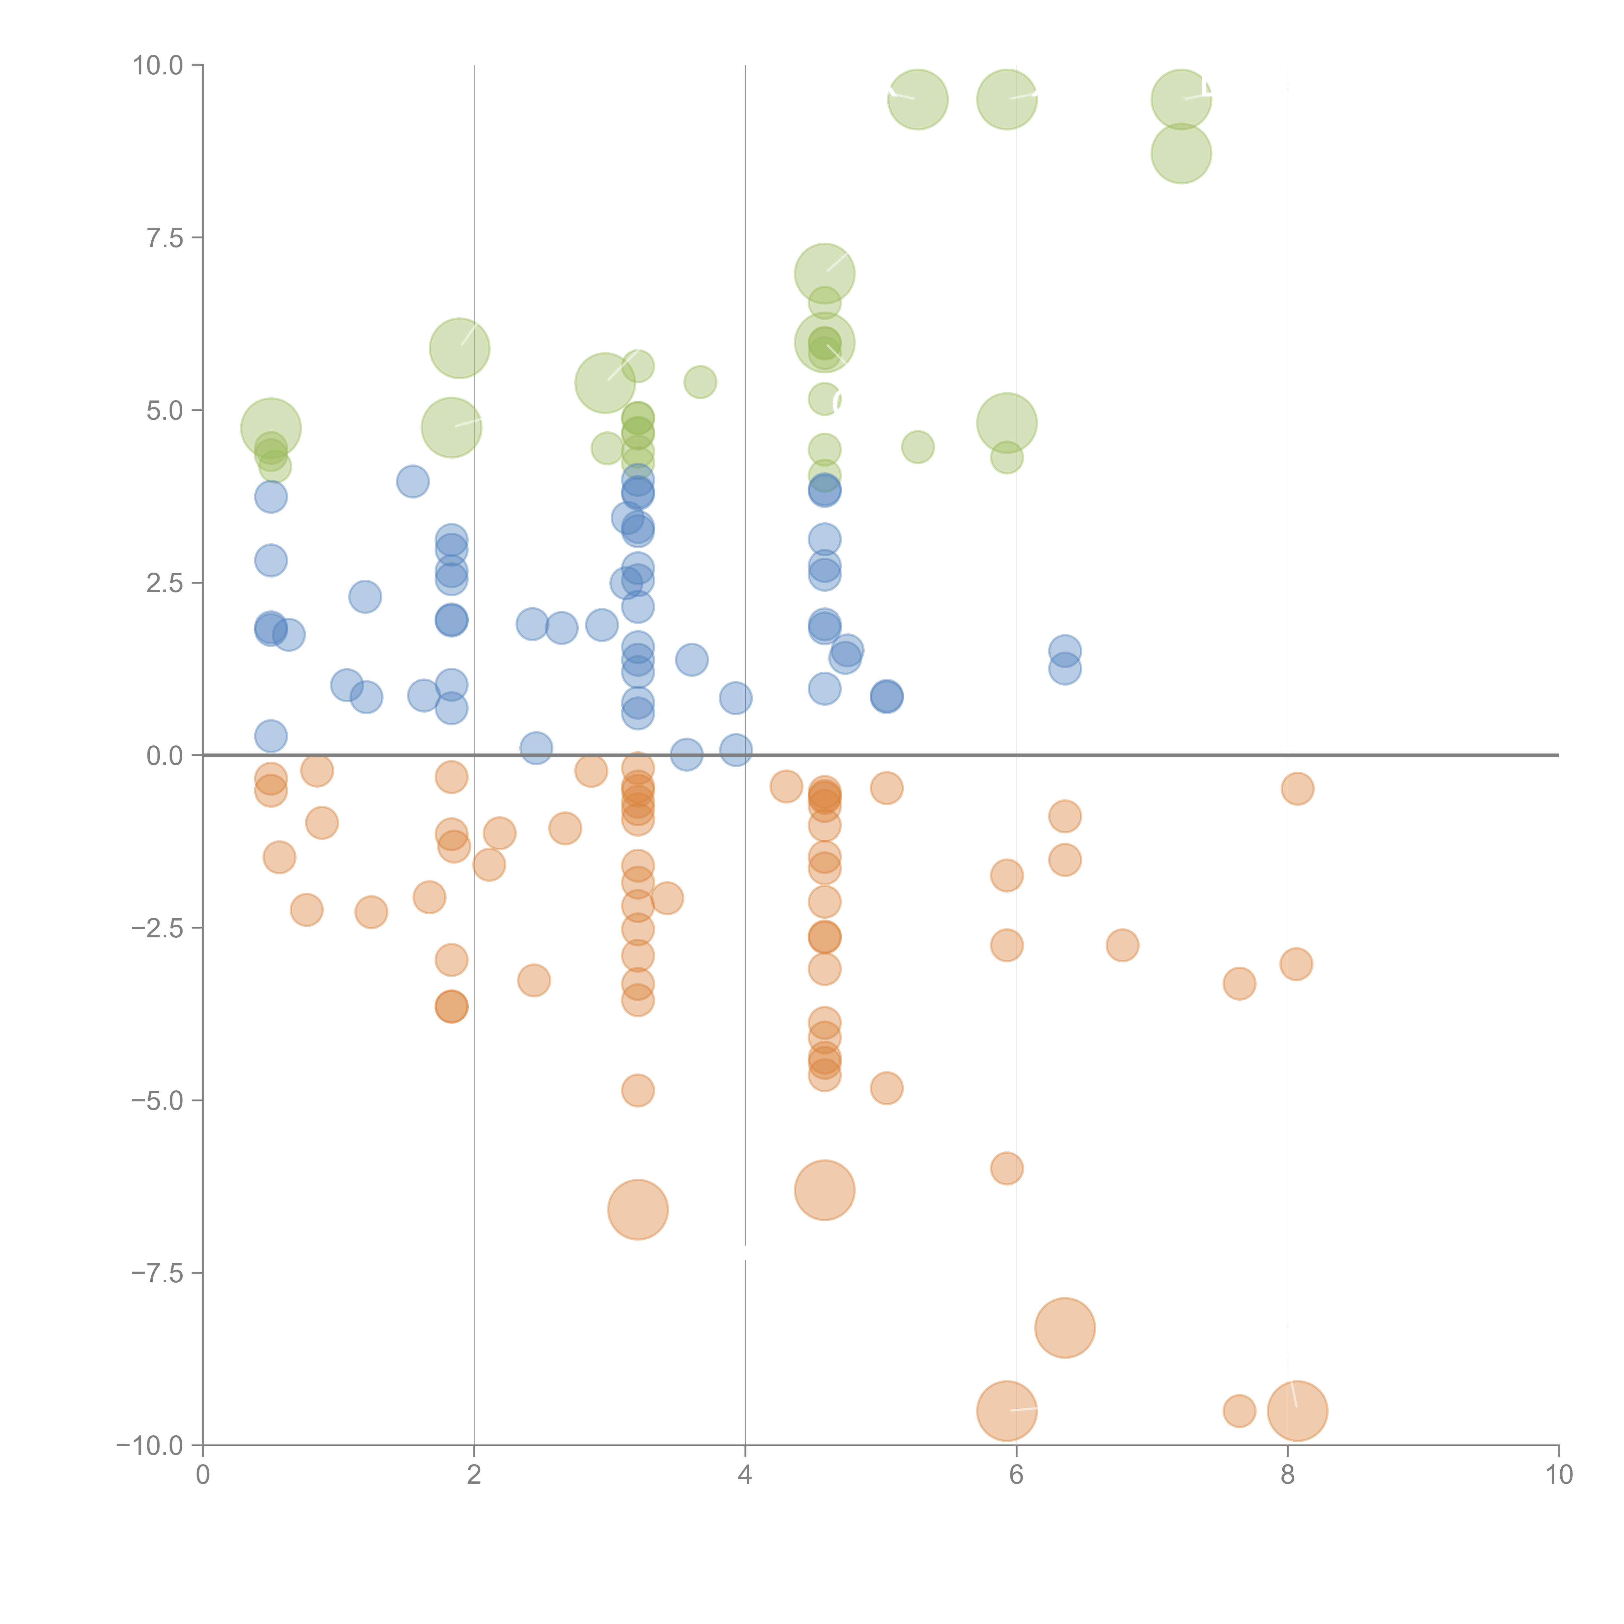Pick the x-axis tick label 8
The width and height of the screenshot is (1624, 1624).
(1288, 1474)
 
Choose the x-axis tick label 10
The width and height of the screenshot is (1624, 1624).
(1558, 1474)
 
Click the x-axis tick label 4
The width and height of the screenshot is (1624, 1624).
(745, 1474)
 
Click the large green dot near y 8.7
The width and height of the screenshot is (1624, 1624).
(1181, 153)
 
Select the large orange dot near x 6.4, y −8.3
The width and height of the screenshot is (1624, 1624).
(1065, 1328)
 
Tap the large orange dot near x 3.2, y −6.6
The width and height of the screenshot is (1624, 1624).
(638, 1210)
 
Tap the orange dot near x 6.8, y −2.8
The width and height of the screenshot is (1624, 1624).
(1122, 945)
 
